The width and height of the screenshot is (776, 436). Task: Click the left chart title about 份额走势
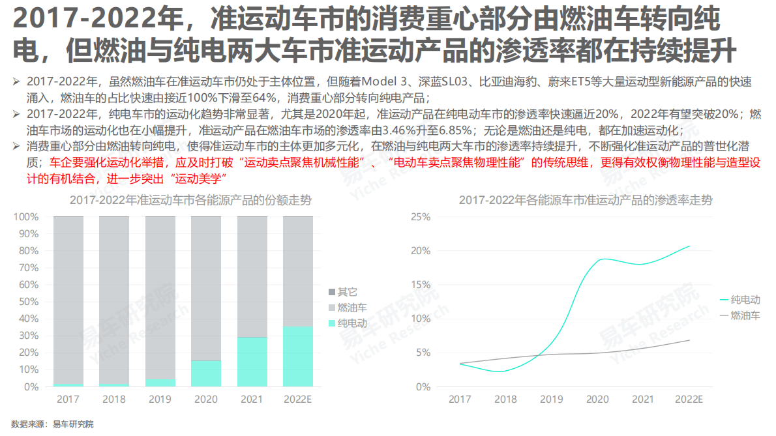(x=190, y=201)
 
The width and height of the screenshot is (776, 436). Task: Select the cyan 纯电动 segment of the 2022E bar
(x=298, y=356)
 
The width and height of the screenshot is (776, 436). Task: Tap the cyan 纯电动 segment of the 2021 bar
(x=252, y=362)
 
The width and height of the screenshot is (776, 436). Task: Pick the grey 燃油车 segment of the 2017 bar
(x=68, y=300)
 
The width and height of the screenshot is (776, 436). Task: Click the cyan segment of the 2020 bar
(x=206, y=373)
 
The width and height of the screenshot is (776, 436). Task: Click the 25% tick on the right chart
(x=421, y=216)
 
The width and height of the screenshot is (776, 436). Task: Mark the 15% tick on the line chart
(x=421, y=285)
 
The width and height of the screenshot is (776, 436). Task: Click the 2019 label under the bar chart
(x=160, y=399)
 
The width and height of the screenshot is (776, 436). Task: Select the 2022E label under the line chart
(x=689, y=399)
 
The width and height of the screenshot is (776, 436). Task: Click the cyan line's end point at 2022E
(x=689, y=246)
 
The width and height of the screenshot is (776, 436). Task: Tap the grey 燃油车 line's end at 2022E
(x=689, y=340)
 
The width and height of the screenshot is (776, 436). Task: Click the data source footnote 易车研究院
(x=73, y=424)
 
